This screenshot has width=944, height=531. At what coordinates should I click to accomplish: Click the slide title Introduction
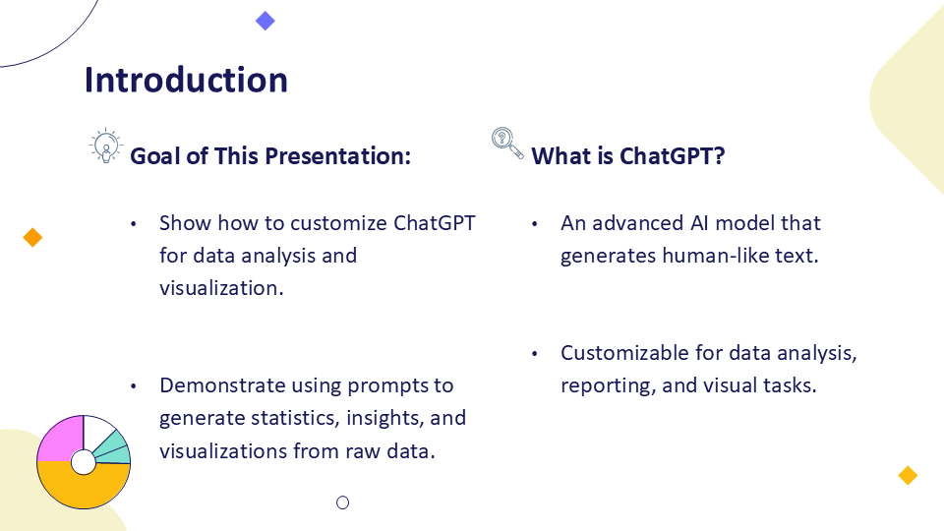click(186, 80)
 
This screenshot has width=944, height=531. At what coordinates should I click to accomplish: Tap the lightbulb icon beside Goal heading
click(106, 146)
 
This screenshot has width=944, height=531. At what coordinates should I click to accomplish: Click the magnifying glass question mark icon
click(507, 144)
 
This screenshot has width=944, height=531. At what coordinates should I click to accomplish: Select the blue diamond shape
click(265, 21)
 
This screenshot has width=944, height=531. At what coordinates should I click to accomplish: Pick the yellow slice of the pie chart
click(83, 488)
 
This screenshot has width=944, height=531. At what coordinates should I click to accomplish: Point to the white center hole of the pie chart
click(83, 462)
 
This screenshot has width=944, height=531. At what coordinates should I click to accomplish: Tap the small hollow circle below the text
click(342, 502)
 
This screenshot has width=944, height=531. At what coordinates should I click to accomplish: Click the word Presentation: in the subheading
click(337, 156)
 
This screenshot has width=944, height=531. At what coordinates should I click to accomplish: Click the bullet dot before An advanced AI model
click(534, 224)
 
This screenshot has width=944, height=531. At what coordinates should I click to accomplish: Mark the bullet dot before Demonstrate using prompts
click(133, 386)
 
